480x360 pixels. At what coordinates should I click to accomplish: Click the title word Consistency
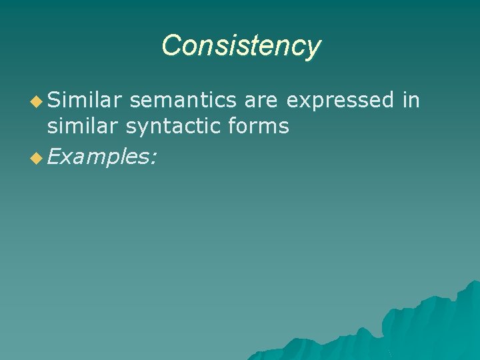[x=241, y=46]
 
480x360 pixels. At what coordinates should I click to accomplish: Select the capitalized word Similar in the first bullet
[x=85, y=100]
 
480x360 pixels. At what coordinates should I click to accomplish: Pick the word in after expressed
[x=411, y=100]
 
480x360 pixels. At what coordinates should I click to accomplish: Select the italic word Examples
[x=100, y=157]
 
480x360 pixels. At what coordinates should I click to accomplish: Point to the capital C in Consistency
[x=171, y=45]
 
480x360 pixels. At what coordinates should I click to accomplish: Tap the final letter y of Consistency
[x=313, y=49]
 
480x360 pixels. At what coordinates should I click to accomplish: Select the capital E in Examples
[x=53, y=157]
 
